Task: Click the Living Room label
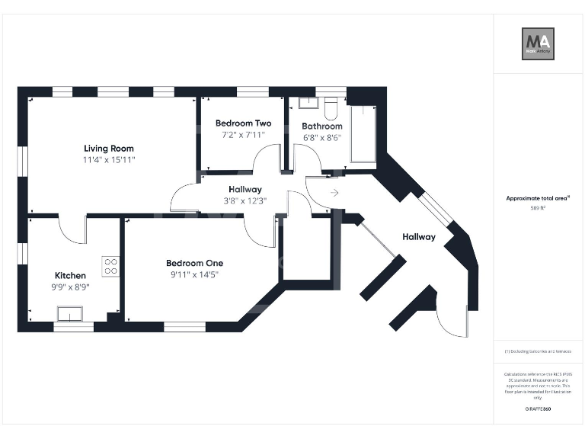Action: (x=109, y=149)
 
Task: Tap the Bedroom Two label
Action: (x=243, y=123)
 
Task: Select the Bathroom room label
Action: (x=321, y=126)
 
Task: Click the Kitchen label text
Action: (x=70, y=275)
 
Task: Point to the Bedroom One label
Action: (x=194, y=263)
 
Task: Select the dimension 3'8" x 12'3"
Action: (x=245, y=201)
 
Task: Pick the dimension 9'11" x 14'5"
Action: (x=194, y=274)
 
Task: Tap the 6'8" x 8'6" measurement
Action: (x=321, y=138)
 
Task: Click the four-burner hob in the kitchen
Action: (x=110, y=266)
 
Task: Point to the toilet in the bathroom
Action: (x=331, y=106)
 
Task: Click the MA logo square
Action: (x=538, y=43)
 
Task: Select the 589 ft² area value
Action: (x=538, y=207)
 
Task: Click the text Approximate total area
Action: (x=537, y=198)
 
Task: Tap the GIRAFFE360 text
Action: (x=538, y=409)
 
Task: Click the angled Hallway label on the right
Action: (x=419, y=237)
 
